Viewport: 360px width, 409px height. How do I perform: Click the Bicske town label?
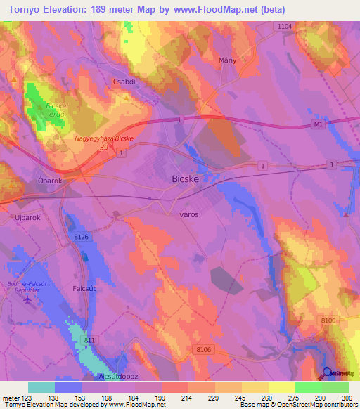187,179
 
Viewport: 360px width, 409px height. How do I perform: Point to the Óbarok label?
51,181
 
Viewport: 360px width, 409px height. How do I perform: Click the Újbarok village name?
28,218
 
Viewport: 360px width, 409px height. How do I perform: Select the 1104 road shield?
284,26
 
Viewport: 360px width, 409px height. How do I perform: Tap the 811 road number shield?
89,340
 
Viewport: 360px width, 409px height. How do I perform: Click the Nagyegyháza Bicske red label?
103,139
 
